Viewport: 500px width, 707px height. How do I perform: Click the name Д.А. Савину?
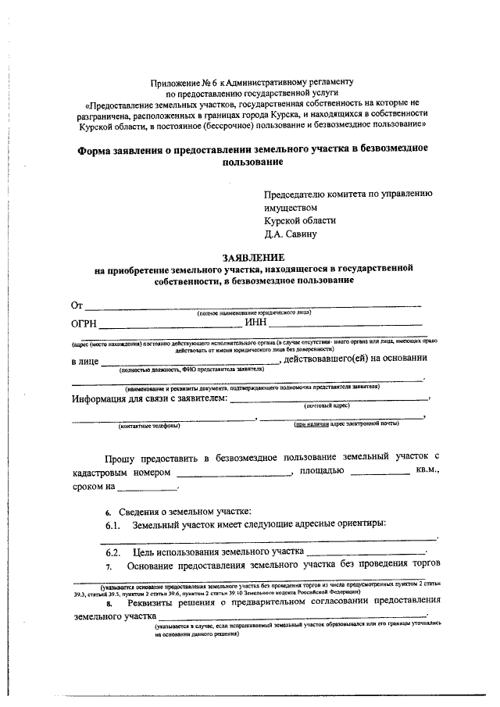pos(291,234)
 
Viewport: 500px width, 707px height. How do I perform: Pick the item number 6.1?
pos(112,525)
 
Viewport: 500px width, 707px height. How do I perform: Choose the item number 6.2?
pos(112,552)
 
